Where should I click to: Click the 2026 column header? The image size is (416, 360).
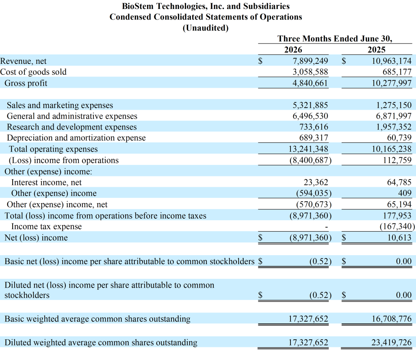tap(293, 50)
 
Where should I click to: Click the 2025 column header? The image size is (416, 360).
tap(377, 50)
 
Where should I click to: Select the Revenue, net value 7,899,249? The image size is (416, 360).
tap(310, 61)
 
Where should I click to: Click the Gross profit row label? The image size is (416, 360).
tap(26, 83)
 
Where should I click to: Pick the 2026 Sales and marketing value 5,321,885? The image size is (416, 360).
tap(310, 105)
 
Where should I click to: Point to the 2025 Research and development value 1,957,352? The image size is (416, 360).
tap(394, 127)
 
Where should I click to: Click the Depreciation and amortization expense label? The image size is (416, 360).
tap(76, 138)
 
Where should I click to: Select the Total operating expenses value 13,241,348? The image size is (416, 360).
tap(308, 149)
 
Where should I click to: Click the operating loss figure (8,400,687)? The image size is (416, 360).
tap(310, 160)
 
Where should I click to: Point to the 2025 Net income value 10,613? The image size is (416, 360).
tap(399, 237)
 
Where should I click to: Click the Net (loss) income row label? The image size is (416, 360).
tap(36, 238)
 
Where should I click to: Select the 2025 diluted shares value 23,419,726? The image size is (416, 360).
tap(391, 343)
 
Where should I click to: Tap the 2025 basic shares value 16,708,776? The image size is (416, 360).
tap(392, 319)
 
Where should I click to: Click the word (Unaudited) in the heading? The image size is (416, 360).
tap(206, 28)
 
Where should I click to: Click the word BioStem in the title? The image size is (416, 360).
tap(138, 6)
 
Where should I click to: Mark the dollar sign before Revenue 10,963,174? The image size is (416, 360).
tap(344, 61)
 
